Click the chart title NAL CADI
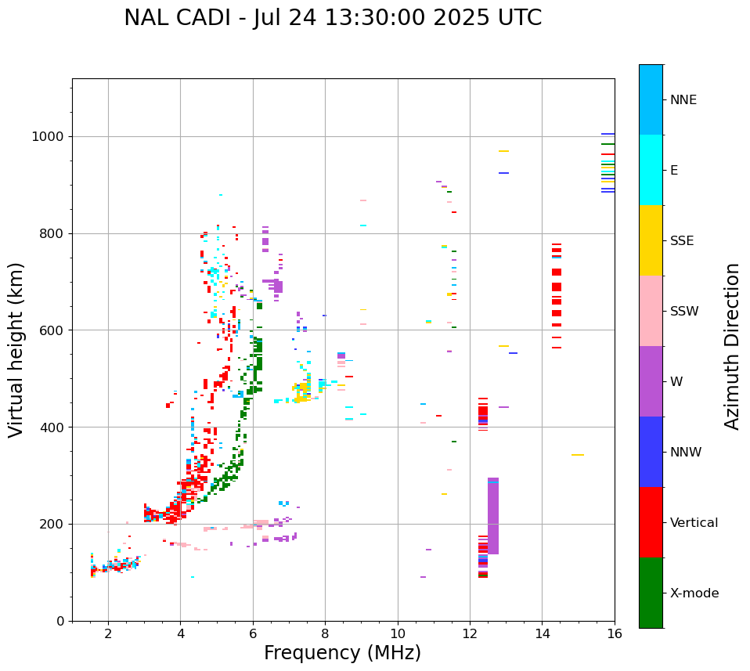coord(333,18)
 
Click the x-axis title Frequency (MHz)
coord(342,653)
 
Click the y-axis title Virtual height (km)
coord(16,350)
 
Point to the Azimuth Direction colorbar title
coord(732,346)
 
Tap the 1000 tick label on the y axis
coord(49,136)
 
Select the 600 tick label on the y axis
coord(52,330)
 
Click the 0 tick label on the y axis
coord(60,621)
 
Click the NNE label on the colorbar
coord(683,100)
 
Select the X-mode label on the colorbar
coord(694,593)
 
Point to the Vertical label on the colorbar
coord(694,523)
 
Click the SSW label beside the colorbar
coord(684,312)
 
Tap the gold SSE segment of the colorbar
coord(651,240)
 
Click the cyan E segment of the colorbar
coord(651,170)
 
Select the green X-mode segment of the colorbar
coord(651,593)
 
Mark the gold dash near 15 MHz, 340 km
coord(578,455)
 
